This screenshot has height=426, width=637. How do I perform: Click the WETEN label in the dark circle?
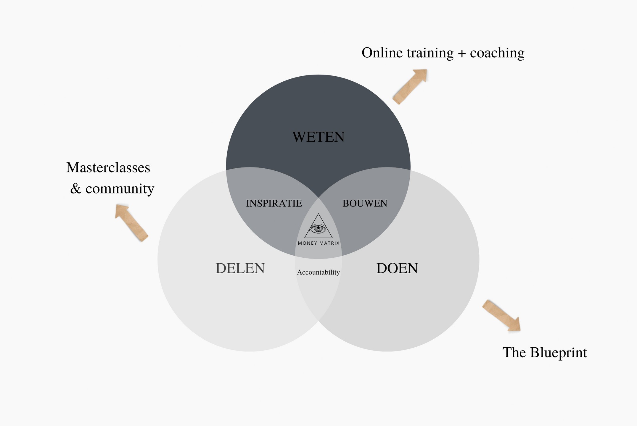point(318,137)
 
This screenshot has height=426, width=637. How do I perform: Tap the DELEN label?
point(240,268)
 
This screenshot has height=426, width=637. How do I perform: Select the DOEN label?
point(397,268)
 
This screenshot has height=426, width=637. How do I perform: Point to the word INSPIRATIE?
point(274,203)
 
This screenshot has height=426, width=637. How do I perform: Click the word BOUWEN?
point(365,203)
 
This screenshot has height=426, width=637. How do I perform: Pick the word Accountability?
point(318,272)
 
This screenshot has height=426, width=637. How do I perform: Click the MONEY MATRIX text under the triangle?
point(318,243)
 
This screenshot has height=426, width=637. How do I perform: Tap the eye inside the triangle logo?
point(318,229)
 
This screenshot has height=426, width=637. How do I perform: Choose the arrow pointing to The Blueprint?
point(501,315)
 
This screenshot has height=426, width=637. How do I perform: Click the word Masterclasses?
point(108,167)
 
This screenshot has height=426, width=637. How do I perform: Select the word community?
point(120,189)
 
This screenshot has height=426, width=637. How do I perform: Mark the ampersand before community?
point(76,189)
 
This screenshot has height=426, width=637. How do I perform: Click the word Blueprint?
point(558,353)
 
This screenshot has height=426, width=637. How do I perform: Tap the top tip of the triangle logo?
point(318,214)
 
